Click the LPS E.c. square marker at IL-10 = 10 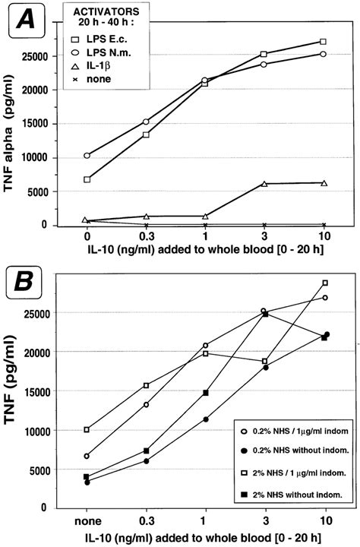(324, 42)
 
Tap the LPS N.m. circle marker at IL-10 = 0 (87, 155)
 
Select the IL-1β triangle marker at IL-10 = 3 (264, 184)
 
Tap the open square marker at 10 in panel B (325, 283)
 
